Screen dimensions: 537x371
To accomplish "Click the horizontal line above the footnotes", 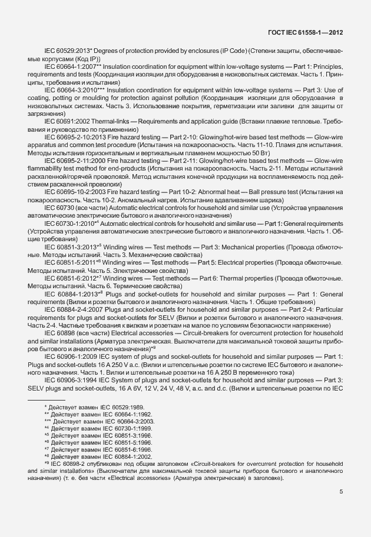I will point(47,400).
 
